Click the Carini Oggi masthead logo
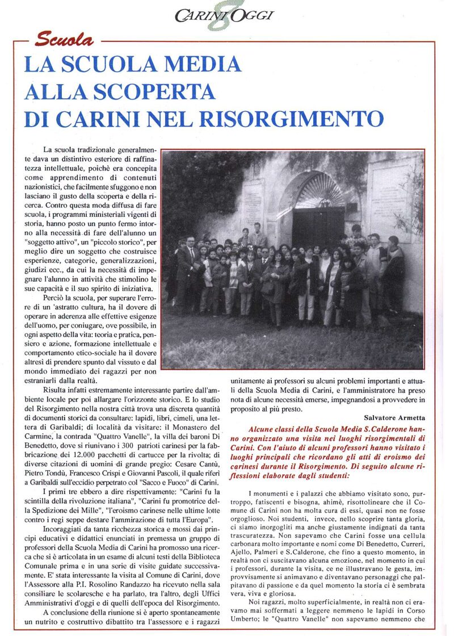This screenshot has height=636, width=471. [x=224, y=16]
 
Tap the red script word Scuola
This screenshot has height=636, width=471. [x=64, y=40]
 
